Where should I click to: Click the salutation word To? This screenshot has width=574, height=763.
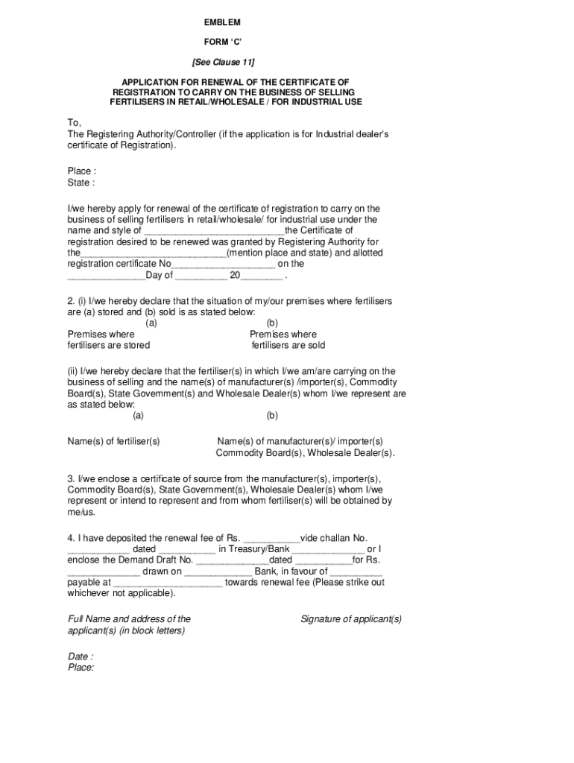(x=75, y=122)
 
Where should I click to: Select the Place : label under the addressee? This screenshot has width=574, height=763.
(x=81, y=171)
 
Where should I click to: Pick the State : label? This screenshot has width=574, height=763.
(x=81, y=183)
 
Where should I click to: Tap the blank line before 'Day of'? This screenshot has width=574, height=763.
(x=107, y=276)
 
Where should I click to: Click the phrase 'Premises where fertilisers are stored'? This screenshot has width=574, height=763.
(x=108, y=340)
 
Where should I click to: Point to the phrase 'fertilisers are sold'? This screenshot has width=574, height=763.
(x=288, y=346)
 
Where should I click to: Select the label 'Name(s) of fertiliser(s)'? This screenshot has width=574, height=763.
(x=113, y=442)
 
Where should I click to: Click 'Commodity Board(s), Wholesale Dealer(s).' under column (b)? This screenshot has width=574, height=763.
(x=305, y=453)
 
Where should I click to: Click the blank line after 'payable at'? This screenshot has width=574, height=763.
(x=168, y=583)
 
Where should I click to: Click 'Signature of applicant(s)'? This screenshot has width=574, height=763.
(x=351, y=619)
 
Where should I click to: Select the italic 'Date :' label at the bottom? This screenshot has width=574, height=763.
(x=81, y=656)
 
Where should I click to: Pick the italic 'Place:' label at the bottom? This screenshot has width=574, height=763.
(x=81, y=668)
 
